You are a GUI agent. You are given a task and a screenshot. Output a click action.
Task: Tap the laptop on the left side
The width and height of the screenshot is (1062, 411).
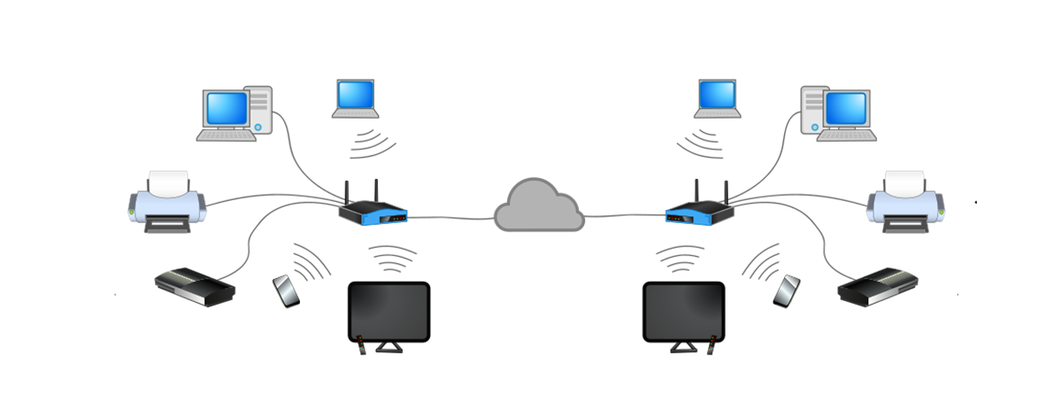(356, 97)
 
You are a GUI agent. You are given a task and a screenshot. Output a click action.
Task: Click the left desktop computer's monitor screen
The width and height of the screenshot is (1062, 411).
(225, 108)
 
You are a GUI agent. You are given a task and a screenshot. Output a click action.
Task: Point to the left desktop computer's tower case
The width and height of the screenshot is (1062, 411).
(259, 111)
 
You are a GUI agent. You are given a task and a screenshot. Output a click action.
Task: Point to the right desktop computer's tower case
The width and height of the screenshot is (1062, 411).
(812, 111)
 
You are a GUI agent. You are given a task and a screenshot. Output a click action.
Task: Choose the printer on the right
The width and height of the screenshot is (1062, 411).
(905, 203)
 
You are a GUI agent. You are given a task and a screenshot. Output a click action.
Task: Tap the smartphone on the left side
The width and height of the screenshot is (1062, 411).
(286, 291)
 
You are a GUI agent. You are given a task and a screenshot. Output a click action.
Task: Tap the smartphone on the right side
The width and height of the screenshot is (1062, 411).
(787, 291)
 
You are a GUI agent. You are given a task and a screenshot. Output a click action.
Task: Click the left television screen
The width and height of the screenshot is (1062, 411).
(389, 311)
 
